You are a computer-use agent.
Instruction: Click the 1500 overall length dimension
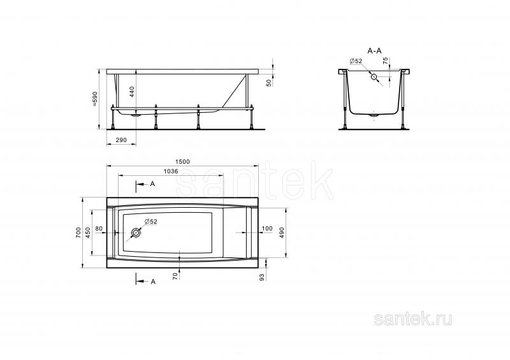point(182,162)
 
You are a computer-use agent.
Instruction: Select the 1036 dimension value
point(171,171)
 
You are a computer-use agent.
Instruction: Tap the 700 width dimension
point(78,233)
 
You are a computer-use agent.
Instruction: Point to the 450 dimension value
point(88,233)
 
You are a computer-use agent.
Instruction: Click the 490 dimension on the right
point(282,233)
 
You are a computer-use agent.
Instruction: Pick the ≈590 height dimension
point(95,99)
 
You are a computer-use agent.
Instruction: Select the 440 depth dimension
point(132,92)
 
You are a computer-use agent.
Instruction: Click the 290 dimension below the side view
point(121,140)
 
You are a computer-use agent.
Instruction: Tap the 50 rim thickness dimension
point(268,83)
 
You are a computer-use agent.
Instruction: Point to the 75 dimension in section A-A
point(385,61)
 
